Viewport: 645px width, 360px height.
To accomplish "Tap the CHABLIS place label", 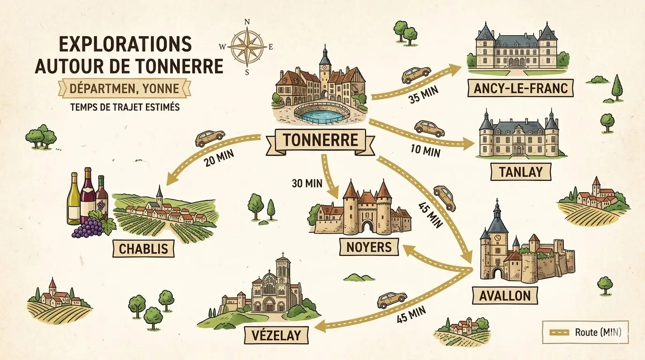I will coord(143,248).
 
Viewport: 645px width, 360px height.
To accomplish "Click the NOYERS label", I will coord(370,247).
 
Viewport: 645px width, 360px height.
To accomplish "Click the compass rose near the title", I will coord(247,47).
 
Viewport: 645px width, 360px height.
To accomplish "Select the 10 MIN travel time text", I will coord(425,151).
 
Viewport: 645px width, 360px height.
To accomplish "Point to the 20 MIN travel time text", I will coord(218,158).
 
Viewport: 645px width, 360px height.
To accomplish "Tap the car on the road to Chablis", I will coord(210,137).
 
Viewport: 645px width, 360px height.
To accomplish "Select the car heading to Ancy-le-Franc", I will coord(416,74).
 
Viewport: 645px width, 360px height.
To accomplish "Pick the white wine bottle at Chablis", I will coord(74,199).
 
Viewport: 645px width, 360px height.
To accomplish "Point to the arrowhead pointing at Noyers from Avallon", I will coord(409,251).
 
